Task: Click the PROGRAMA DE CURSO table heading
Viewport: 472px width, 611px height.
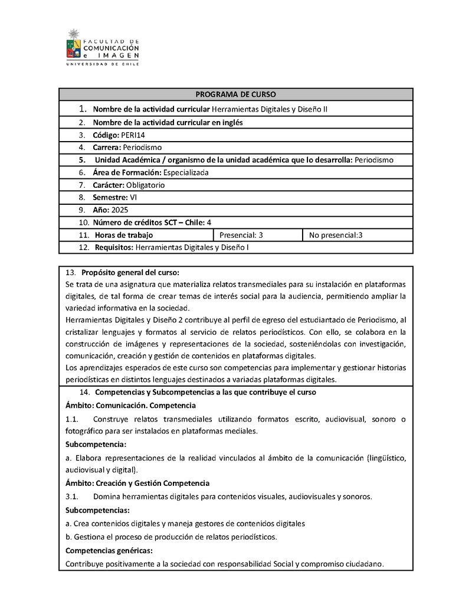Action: [235, 94]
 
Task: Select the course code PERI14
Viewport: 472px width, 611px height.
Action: [133, 135]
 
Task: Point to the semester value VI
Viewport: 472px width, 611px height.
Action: [133, 197]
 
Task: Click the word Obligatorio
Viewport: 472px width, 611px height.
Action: [145, 185]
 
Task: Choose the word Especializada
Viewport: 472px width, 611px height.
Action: [186, 172]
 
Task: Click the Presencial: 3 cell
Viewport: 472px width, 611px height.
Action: [241, 235]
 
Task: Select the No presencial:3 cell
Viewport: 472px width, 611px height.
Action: [336, 235]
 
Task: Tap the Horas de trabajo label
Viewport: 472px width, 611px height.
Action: [123, 235]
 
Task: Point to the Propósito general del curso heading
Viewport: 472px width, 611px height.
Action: [130, 272]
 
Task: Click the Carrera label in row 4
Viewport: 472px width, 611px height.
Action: [106, 148]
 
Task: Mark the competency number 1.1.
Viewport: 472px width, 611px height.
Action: [72, 419]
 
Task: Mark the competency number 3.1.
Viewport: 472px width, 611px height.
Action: [72, 496]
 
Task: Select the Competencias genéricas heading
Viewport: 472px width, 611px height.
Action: [109, 550]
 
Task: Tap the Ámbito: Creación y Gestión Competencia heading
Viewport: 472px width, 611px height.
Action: [137, 483]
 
